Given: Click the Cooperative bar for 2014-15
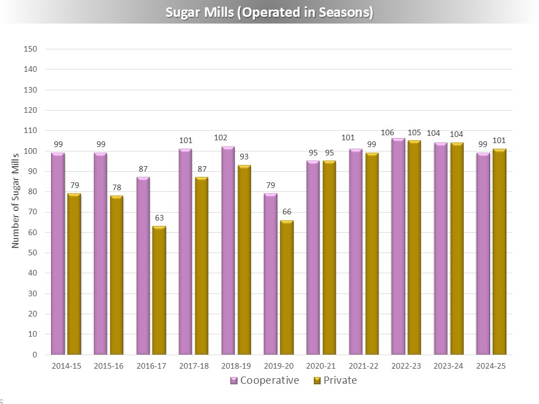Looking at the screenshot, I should pyautogui.click(x=58, y=254).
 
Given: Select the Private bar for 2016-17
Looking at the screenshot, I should pyautogui.click(x=159, y=290).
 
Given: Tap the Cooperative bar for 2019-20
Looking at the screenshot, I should pyautogui.click(x=271, y=274).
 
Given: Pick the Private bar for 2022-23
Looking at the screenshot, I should pyautogui.click(x=414, y=247).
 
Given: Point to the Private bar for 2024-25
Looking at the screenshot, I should pyautogui.click(x=499, y=251).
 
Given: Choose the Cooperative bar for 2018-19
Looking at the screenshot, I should pyautogui.click(x=228, y=250).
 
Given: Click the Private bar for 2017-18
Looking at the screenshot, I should pyautogui.click(x=202, y=266).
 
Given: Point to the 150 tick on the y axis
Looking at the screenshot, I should pyautogui.click(x=31, y=49).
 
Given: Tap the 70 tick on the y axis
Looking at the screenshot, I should pyautogui.click(x=33, y=212).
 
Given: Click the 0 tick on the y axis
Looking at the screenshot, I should pyautogui.click(x=35, y=355).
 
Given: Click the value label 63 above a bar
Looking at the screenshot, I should pyautogui.click(x=159, y=217).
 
